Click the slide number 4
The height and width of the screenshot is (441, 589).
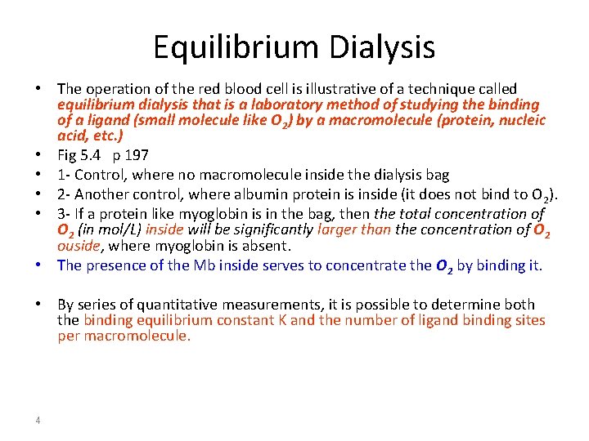38,421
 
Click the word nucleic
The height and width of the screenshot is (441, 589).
516,120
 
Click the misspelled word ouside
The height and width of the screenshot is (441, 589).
78,246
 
